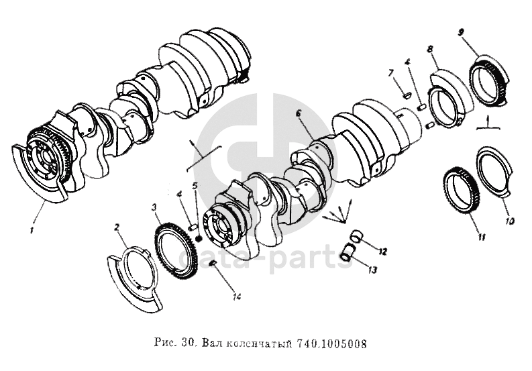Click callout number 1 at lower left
pyautogui.click(x=32, y=231)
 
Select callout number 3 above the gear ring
pyautogui.click(x=155, y=207)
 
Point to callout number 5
pyautogui.click(x=195, y=186)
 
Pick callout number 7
pyautogui.click(x=391, y=72)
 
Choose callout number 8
pyautogui.click(x=430, y=48)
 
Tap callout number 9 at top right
pyautogui.click(x=461, y=33)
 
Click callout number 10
pyautogui.click(x=510, y=221)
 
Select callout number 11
pyautogui.click(x=482, y=237)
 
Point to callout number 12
pyautogui.click(x=382, y=252)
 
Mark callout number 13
pyautogui.click(x=372, y=270)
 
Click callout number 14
pyautogui.click(x=237, y=297)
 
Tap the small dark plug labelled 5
pyautogui.click(x=199, y=239)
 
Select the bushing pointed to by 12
pyautogui.click(x=356, y=237)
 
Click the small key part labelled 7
pyautogui.click(x=406, y=96)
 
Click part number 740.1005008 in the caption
pyautogui.click(x=331, y=344)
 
